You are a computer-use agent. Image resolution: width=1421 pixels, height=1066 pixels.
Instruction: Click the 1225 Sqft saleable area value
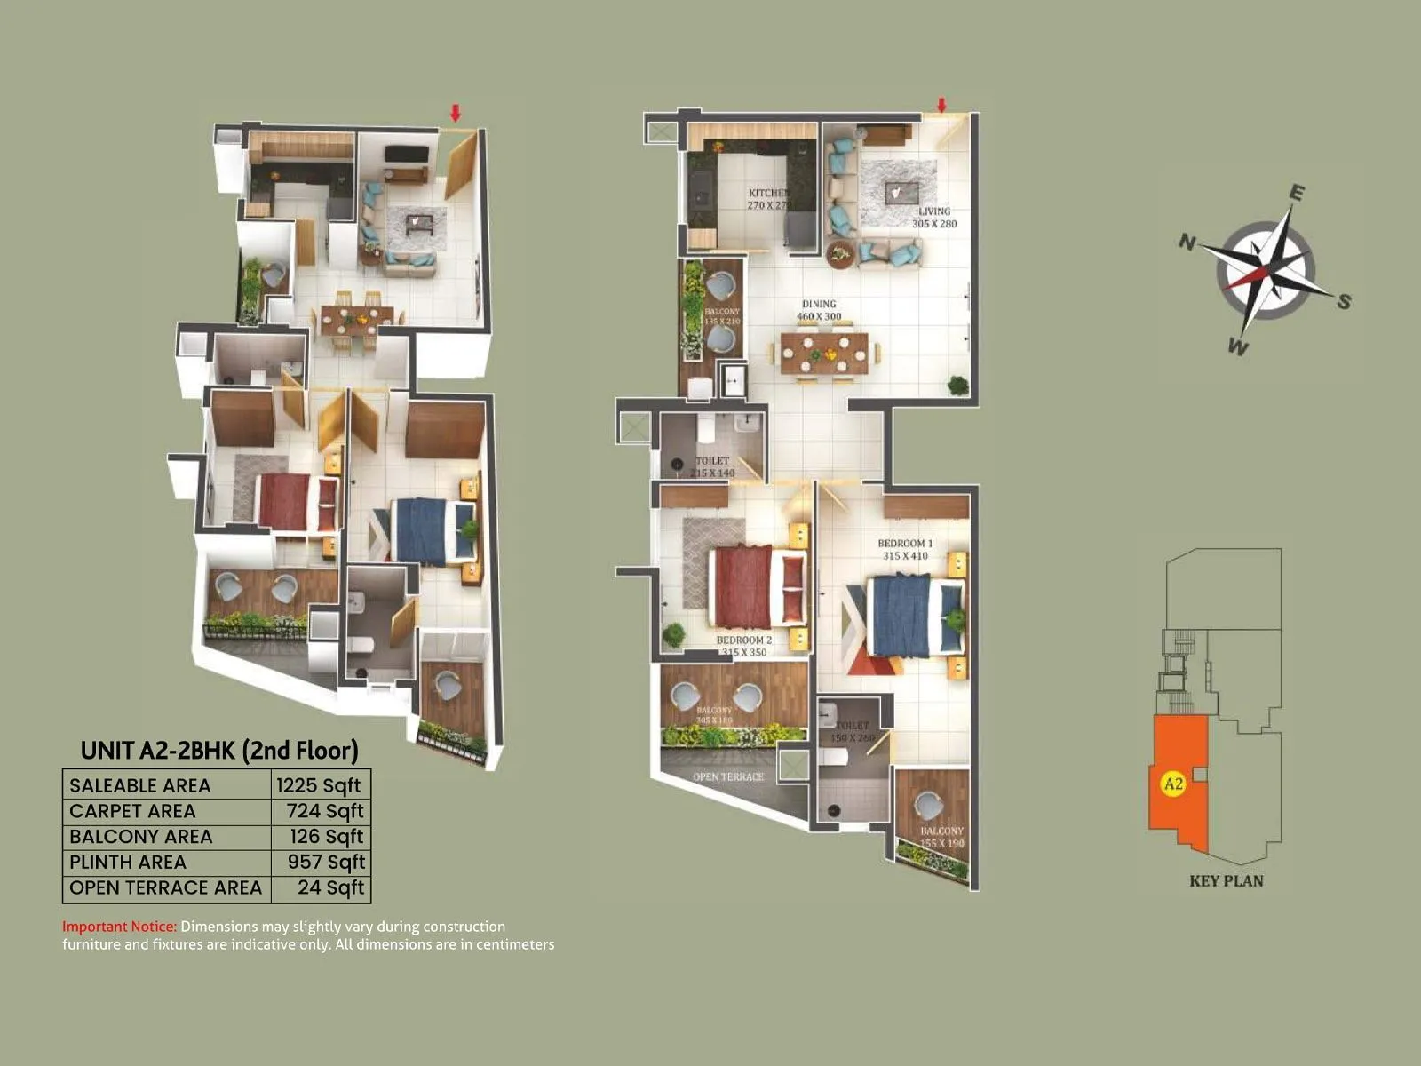point(318,785)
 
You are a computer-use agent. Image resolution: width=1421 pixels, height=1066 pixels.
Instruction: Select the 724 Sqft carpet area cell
point(324,811)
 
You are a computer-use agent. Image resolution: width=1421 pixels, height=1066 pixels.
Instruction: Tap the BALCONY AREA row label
point(141,837)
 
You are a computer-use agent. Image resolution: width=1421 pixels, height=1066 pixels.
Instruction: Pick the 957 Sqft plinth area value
point(325,862)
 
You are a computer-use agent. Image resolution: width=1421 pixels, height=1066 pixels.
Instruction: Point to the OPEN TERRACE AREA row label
point(165,887)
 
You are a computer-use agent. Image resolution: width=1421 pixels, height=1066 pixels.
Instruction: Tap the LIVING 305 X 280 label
point(934,217)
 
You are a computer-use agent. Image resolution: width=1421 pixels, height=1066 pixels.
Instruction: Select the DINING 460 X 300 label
point(819,309)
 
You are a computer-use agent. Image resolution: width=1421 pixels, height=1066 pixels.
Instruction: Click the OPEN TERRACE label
point(728,776)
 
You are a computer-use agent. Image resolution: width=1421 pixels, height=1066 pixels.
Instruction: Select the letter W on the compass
point(1238,346)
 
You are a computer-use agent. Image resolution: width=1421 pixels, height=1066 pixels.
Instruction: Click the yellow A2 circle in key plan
point(1173,784)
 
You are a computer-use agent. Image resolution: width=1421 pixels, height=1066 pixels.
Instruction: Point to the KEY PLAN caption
point(1226,881)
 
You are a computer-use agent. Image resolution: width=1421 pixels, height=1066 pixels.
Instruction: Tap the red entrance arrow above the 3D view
point(456,113)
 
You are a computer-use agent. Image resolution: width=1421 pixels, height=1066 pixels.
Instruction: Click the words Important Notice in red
point(119,927)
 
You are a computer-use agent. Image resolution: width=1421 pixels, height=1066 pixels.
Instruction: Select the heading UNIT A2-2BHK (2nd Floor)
point(219,751)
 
